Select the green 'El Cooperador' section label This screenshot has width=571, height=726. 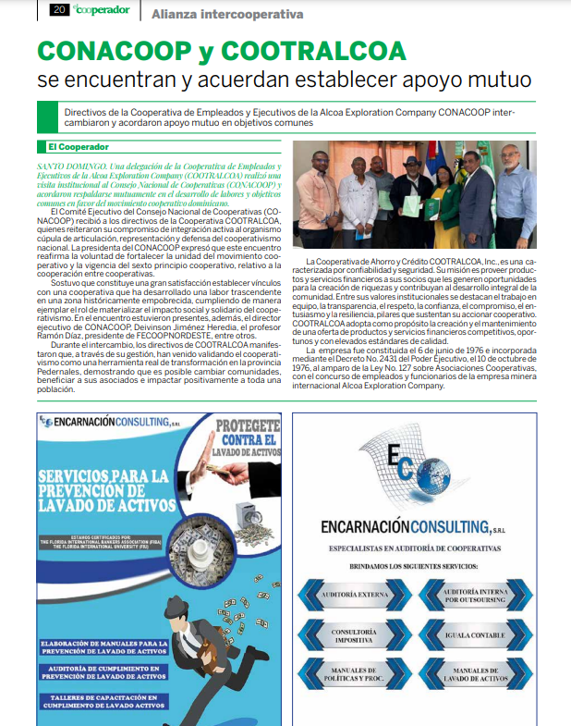click(78, 147)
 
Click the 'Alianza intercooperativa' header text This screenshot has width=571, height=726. click(227, 14)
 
